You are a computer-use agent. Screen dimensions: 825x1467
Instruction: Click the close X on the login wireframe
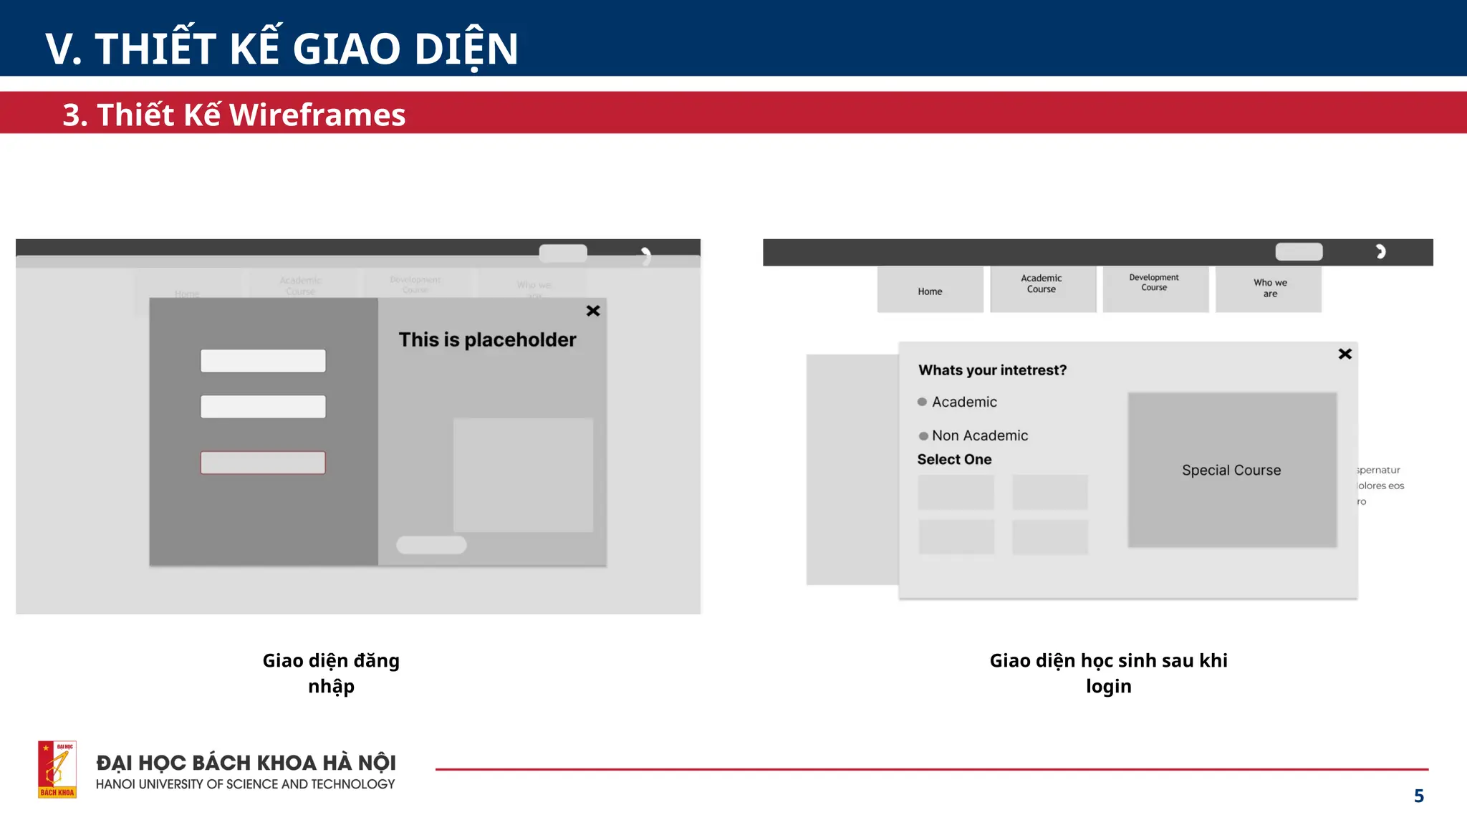click(x=593, y=311)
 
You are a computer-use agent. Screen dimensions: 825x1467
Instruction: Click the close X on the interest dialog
click(x=1345, y=354)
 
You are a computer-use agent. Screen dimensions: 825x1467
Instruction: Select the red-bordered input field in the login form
click(x=263, y=463)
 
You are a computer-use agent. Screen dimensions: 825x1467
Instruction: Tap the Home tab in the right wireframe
click(x=930, y=291)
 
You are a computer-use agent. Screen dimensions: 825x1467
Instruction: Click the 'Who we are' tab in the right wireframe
click(x=1269, y=289)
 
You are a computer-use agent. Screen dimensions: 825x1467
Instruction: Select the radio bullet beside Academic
click(x=923, y=402)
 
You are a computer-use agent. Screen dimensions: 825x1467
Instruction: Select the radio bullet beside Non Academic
click(x=923, y=436)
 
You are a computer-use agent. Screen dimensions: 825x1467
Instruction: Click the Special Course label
click(x=1231, y=471)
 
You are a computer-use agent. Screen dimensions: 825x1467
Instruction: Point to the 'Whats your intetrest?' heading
click(x=992, y=370)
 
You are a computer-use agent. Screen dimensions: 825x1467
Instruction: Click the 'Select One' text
click(x=954, y=460)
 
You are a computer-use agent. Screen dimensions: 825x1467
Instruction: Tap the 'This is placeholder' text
click(x=487, y=339)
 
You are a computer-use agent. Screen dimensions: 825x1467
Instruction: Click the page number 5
click(x=1418, y=796)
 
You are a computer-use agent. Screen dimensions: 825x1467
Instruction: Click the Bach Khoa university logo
click(x=57, y=769)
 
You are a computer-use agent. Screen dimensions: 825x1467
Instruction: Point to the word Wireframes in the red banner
click(x=317, y=115)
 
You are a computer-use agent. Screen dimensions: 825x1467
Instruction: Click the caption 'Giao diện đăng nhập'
click(x=331, y=673)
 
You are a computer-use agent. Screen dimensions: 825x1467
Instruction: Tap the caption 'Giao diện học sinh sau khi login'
click(x=1108, y=673)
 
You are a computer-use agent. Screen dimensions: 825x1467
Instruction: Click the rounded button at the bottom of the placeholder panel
click(x=431, y=545)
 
